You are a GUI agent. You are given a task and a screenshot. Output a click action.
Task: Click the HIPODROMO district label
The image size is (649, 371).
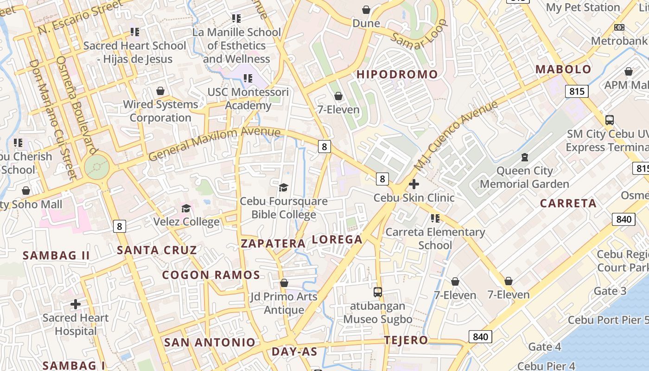click(397, 74)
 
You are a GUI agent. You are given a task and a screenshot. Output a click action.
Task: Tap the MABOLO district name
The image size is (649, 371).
click(563, 70)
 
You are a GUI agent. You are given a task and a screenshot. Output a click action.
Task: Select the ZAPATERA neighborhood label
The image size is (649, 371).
click(273, 243)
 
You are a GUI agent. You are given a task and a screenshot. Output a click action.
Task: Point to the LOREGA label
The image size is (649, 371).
click(337, 239)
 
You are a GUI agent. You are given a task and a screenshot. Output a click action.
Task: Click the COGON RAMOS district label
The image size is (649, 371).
click(211, 275)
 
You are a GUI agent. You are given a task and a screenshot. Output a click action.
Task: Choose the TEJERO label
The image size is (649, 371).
click(406, 340)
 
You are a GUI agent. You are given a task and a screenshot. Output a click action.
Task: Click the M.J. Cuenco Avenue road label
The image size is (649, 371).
click(456, 134)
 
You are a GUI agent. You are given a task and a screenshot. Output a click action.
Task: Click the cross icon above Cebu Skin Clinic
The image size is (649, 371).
click(414, 185)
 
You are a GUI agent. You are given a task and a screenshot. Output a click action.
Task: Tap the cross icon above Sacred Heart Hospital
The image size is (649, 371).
click(75, 304)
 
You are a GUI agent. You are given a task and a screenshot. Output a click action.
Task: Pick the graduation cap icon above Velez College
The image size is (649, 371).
click(186, 208)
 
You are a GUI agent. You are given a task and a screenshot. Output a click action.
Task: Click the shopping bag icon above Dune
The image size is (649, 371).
click(366, 10)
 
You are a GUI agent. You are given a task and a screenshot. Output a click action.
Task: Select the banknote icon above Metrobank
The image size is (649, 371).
click(619, 27)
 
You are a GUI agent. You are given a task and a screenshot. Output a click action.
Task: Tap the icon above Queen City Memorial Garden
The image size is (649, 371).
click(524, 157)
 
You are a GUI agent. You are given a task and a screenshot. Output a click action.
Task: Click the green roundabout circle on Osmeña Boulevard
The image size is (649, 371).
click(97, 166)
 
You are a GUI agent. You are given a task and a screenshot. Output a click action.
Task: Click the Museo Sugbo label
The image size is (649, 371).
click(378, 319)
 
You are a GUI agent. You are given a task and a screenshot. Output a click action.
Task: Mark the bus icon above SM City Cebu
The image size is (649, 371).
click(610, 120)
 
